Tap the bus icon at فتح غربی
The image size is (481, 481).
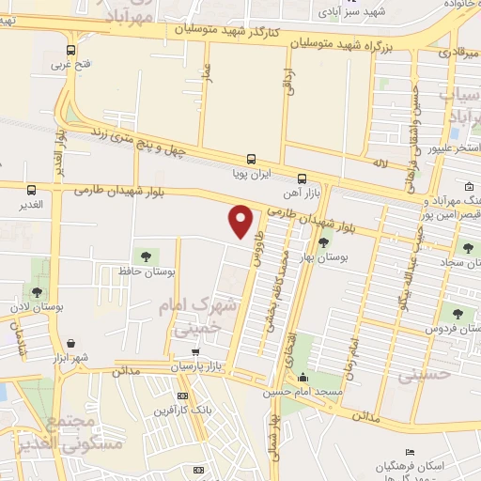coord(71,51)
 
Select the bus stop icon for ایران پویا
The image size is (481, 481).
coord(251,159)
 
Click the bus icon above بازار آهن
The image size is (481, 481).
coord(302,178)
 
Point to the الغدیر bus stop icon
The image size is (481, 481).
coord(31,190)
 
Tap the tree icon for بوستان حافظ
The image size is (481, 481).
coord(145,255)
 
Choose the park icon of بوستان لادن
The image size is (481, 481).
coord(37,292)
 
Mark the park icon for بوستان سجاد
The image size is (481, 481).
coord(467,248)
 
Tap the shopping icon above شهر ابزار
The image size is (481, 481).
coord(71,344)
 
